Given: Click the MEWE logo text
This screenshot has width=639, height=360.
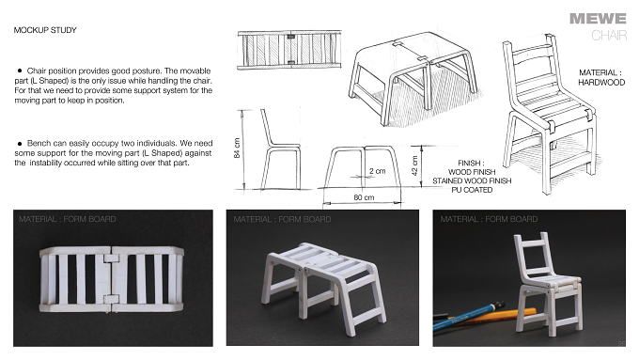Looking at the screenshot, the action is point(598,19).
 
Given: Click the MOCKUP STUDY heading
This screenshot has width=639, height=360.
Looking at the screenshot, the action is point(45,30).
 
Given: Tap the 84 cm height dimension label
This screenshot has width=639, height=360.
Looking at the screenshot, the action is point(237,149).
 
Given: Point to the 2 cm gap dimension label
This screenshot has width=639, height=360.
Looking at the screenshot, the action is point(378,171).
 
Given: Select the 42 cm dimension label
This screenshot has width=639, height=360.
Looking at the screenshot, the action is point(414,166).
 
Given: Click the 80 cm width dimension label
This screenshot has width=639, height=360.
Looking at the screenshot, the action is point(364,197).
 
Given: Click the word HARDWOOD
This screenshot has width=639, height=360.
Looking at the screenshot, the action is point(601,83).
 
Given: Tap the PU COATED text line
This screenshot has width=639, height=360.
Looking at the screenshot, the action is point(472,190).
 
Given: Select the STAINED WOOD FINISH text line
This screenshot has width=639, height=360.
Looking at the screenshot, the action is point(472,181).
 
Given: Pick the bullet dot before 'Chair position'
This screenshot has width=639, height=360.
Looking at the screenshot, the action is point(20,71).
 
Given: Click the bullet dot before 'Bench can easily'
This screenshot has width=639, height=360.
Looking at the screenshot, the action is point(20,144).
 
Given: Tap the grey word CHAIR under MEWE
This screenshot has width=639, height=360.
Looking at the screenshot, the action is point(609,36).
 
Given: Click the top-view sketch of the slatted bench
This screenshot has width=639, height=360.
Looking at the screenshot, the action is point(289,49).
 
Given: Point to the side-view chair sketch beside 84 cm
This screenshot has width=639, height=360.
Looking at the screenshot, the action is point(281,149).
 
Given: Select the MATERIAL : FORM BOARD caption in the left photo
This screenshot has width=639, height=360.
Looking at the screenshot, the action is point(68,219).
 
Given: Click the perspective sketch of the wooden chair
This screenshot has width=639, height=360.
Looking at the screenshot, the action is point(550,114).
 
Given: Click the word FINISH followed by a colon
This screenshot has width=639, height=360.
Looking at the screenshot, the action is point(471,163).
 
